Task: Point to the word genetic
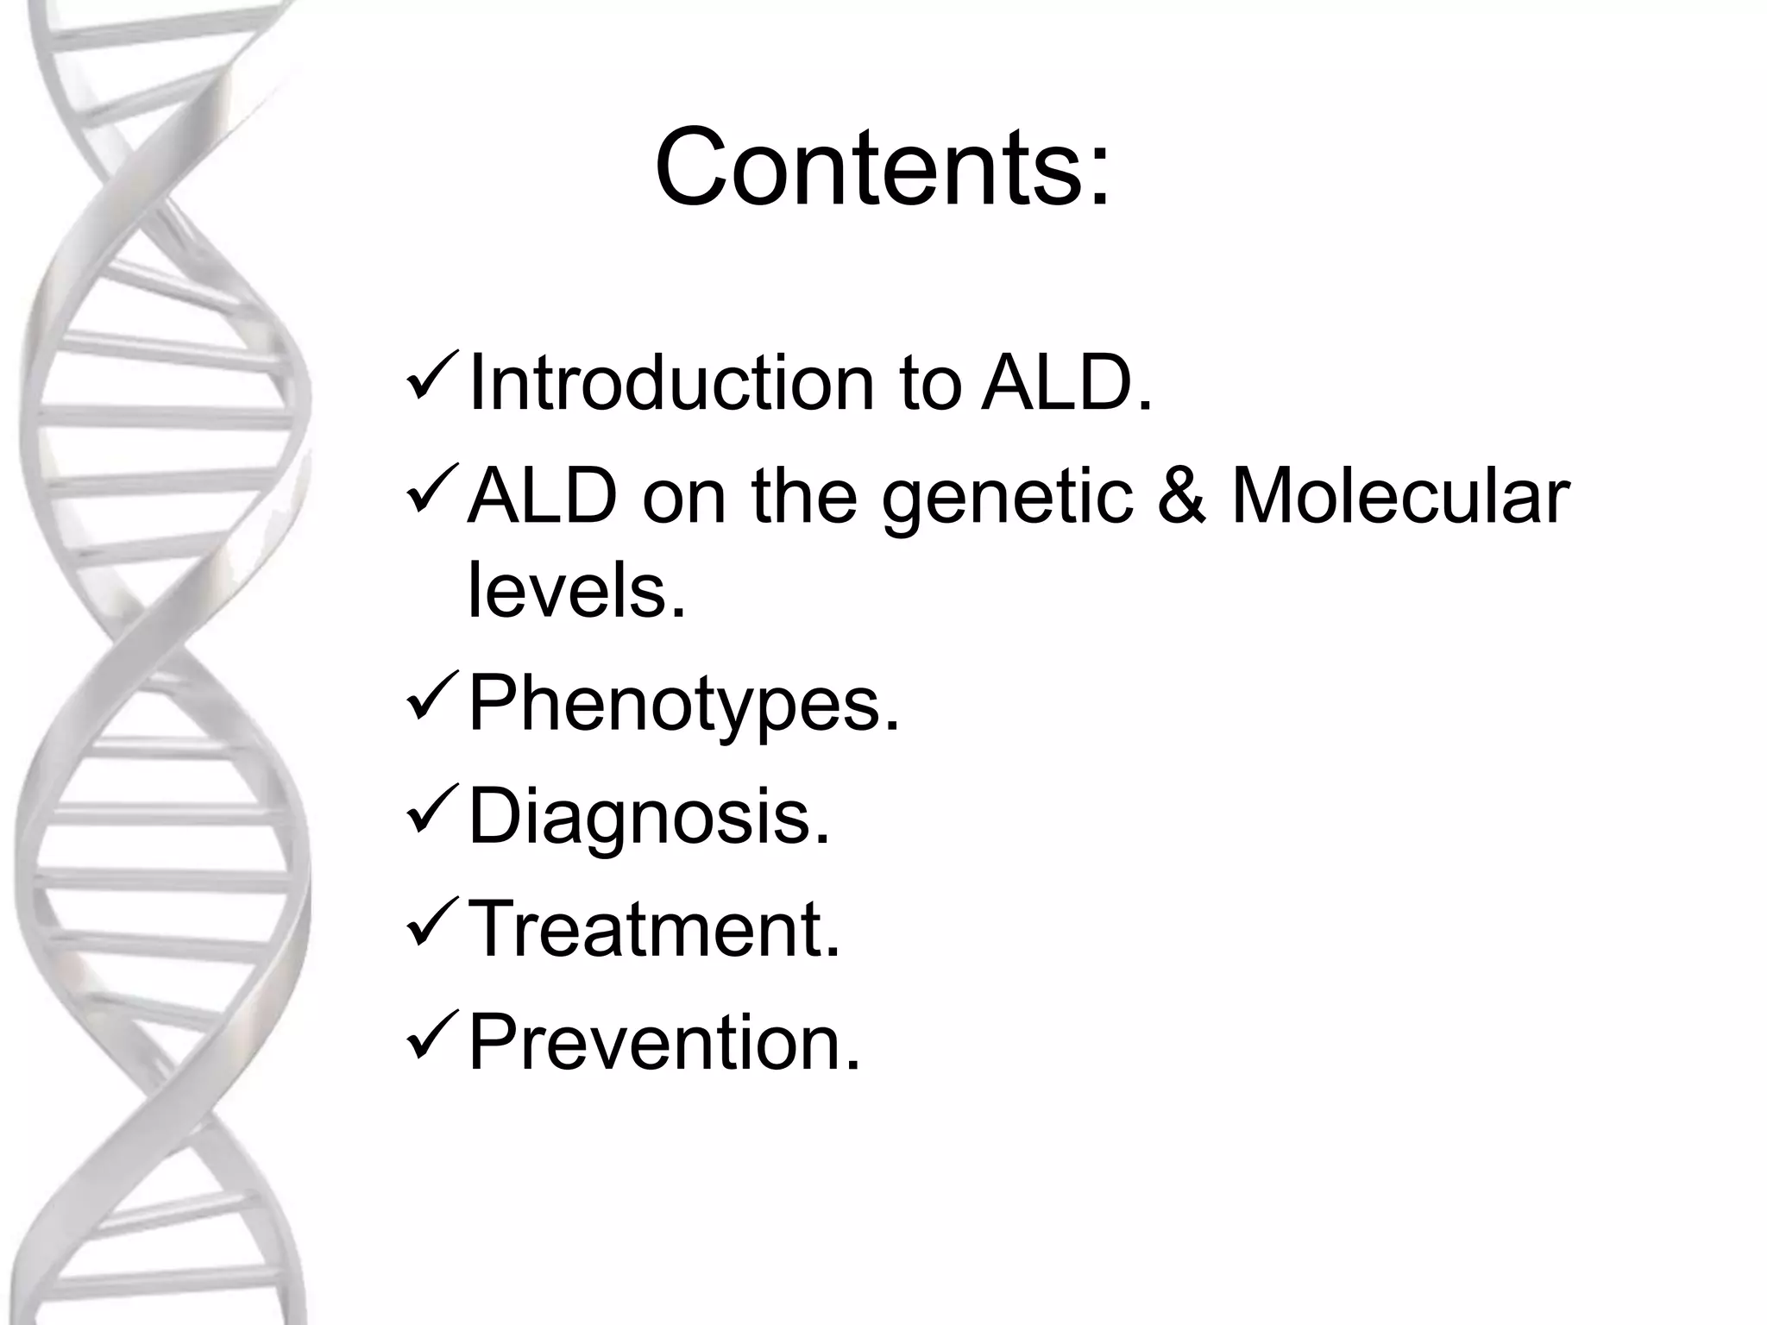pyautogui.click(x=1006, y=500)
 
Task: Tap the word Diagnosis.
pyautogui.click(x=649, y=818)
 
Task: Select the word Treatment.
pyautogui.click(x=653, y=929)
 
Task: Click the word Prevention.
pyautogui.click(x=664, y=1042)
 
